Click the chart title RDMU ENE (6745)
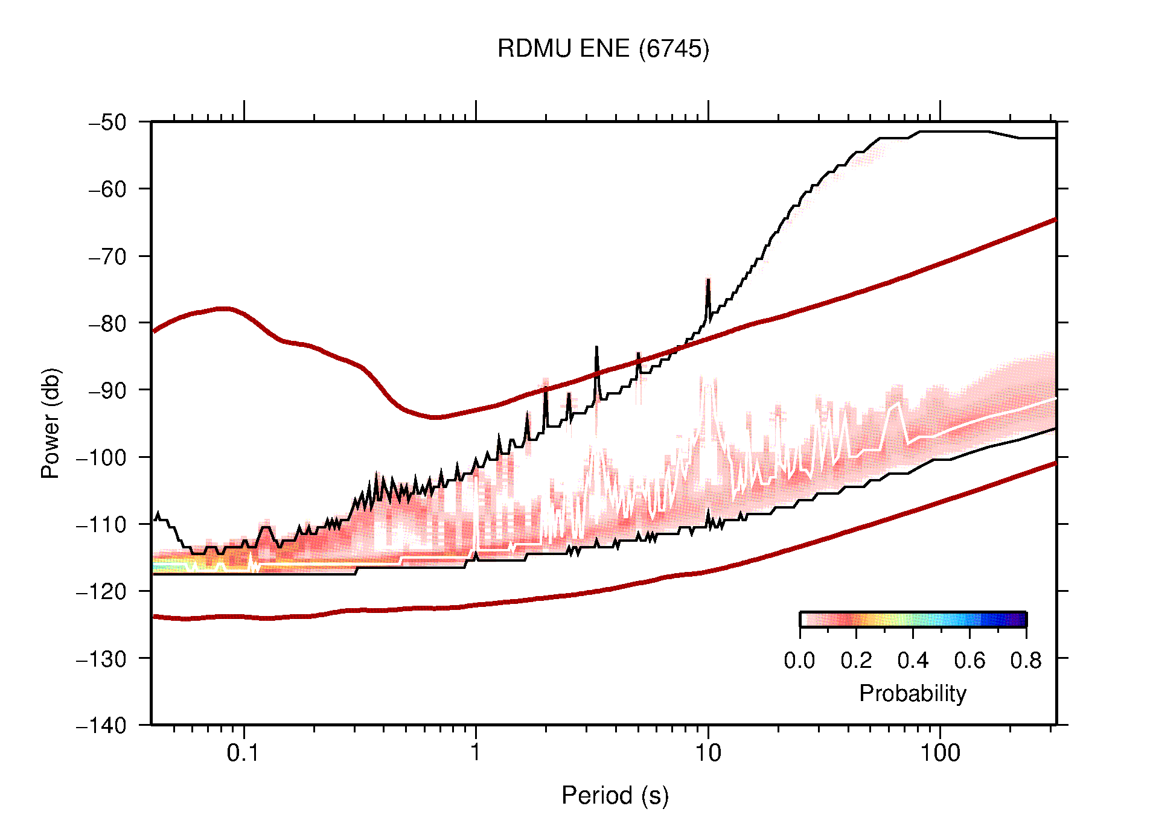click(602, 49)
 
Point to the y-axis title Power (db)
click(51, 423)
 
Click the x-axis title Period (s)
click(615, 796)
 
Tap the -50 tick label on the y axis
click(107, 122)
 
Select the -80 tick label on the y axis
click(107, 323)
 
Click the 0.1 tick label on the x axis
click(243, 753)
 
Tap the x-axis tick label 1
click(476, 753)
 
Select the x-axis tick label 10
click(707, 753)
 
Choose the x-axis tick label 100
click(939, 753)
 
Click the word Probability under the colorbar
click(912, 694)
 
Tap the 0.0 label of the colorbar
click(799, 661)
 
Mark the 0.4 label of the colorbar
click(913, 661)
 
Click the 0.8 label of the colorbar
click(1026, 661)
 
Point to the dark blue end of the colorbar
click(1020, 620)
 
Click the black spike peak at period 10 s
click(708, 279)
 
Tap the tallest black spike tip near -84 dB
click(596, 347)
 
